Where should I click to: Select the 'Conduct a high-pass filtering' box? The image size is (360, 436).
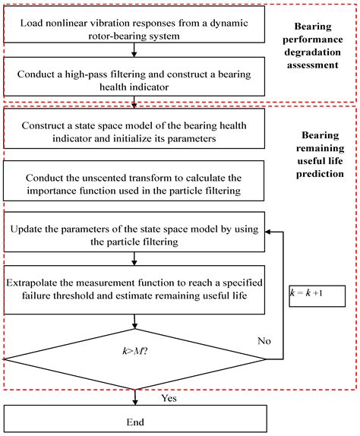[x=134, y=79]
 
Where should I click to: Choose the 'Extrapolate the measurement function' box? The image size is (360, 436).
[x=134, y=289]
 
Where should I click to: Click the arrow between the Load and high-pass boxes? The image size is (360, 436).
[x=134, y=51]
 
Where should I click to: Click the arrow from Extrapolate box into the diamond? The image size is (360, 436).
[x=134, y=319]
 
